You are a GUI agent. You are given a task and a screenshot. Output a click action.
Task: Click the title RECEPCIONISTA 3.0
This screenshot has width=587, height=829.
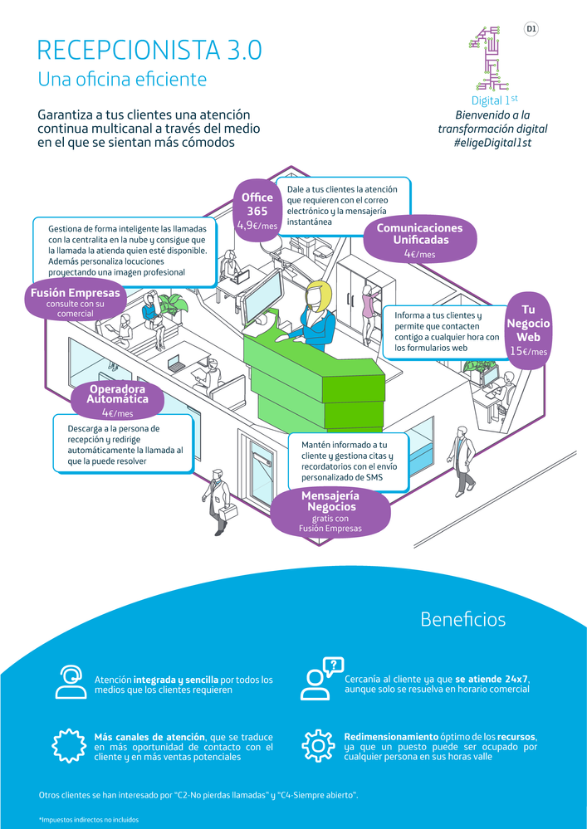(149, 50)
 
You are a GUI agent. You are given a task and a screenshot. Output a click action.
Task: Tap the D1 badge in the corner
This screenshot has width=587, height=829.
(531, 29)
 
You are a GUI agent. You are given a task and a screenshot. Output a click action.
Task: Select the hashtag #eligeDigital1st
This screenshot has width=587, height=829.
(492, 144)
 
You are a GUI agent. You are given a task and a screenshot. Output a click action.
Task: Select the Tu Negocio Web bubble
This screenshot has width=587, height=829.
(528, 329)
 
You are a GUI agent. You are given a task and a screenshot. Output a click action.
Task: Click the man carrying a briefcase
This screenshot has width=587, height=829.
(218, 498)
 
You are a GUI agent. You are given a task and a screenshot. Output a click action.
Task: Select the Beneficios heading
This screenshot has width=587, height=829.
(462, 619)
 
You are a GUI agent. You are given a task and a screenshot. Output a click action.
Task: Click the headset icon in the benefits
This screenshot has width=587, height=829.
(70, 681)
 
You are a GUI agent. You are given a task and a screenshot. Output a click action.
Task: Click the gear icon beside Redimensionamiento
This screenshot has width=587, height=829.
(317, 744)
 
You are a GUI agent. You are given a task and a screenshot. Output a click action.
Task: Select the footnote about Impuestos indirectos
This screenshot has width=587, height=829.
(89, 820)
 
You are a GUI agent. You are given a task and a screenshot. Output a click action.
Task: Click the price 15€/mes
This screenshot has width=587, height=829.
(529, 352)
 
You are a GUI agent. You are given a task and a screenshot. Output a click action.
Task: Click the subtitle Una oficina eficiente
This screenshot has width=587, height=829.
(122, 80)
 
